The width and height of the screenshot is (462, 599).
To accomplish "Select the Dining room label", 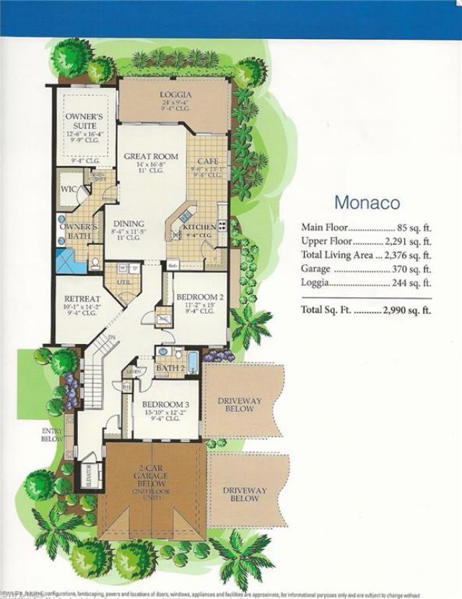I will (128, 224).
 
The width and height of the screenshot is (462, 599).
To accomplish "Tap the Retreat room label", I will (81, 298).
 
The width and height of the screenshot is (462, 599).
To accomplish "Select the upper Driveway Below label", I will (238, 404).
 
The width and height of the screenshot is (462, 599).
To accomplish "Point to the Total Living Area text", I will (337, 254).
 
